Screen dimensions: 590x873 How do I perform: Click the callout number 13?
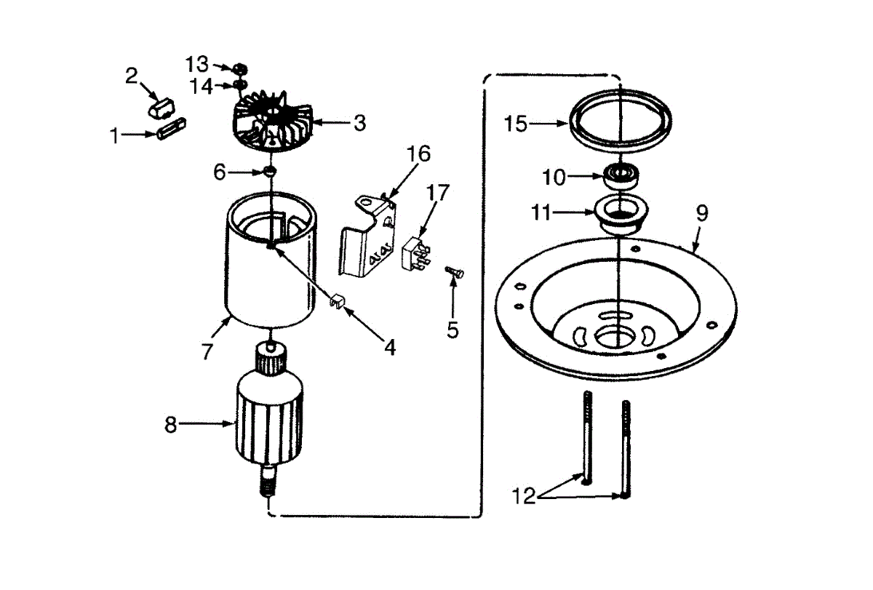(197, 63)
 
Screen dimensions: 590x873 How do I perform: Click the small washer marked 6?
(269, 172)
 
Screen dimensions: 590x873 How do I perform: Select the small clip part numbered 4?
(335, 300)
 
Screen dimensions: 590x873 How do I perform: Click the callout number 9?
(701, 213)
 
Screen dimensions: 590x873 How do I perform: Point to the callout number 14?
(202, 87)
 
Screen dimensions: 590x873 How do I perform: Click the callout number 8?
(171, 424)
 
